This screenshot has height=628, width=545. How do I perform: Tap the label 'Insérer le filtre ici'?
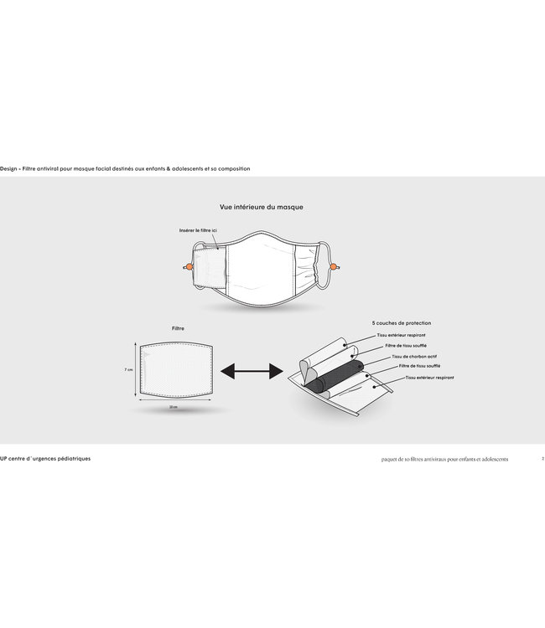tap(198, 229)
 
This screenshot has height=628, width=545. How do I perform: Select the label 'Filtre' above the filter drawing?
tap(178, 328)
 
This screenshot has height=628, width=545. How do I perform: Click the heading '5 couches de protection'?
tap(402, 322)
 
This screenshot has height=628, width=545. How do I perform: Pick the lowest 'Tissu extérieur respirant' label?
tap(430, 378)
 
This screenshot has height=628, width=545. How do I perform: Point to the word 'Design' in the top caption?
tap(9, 168)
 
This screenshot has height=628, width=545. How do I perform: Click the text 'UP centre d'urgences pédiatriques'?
tap(46, 459)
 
